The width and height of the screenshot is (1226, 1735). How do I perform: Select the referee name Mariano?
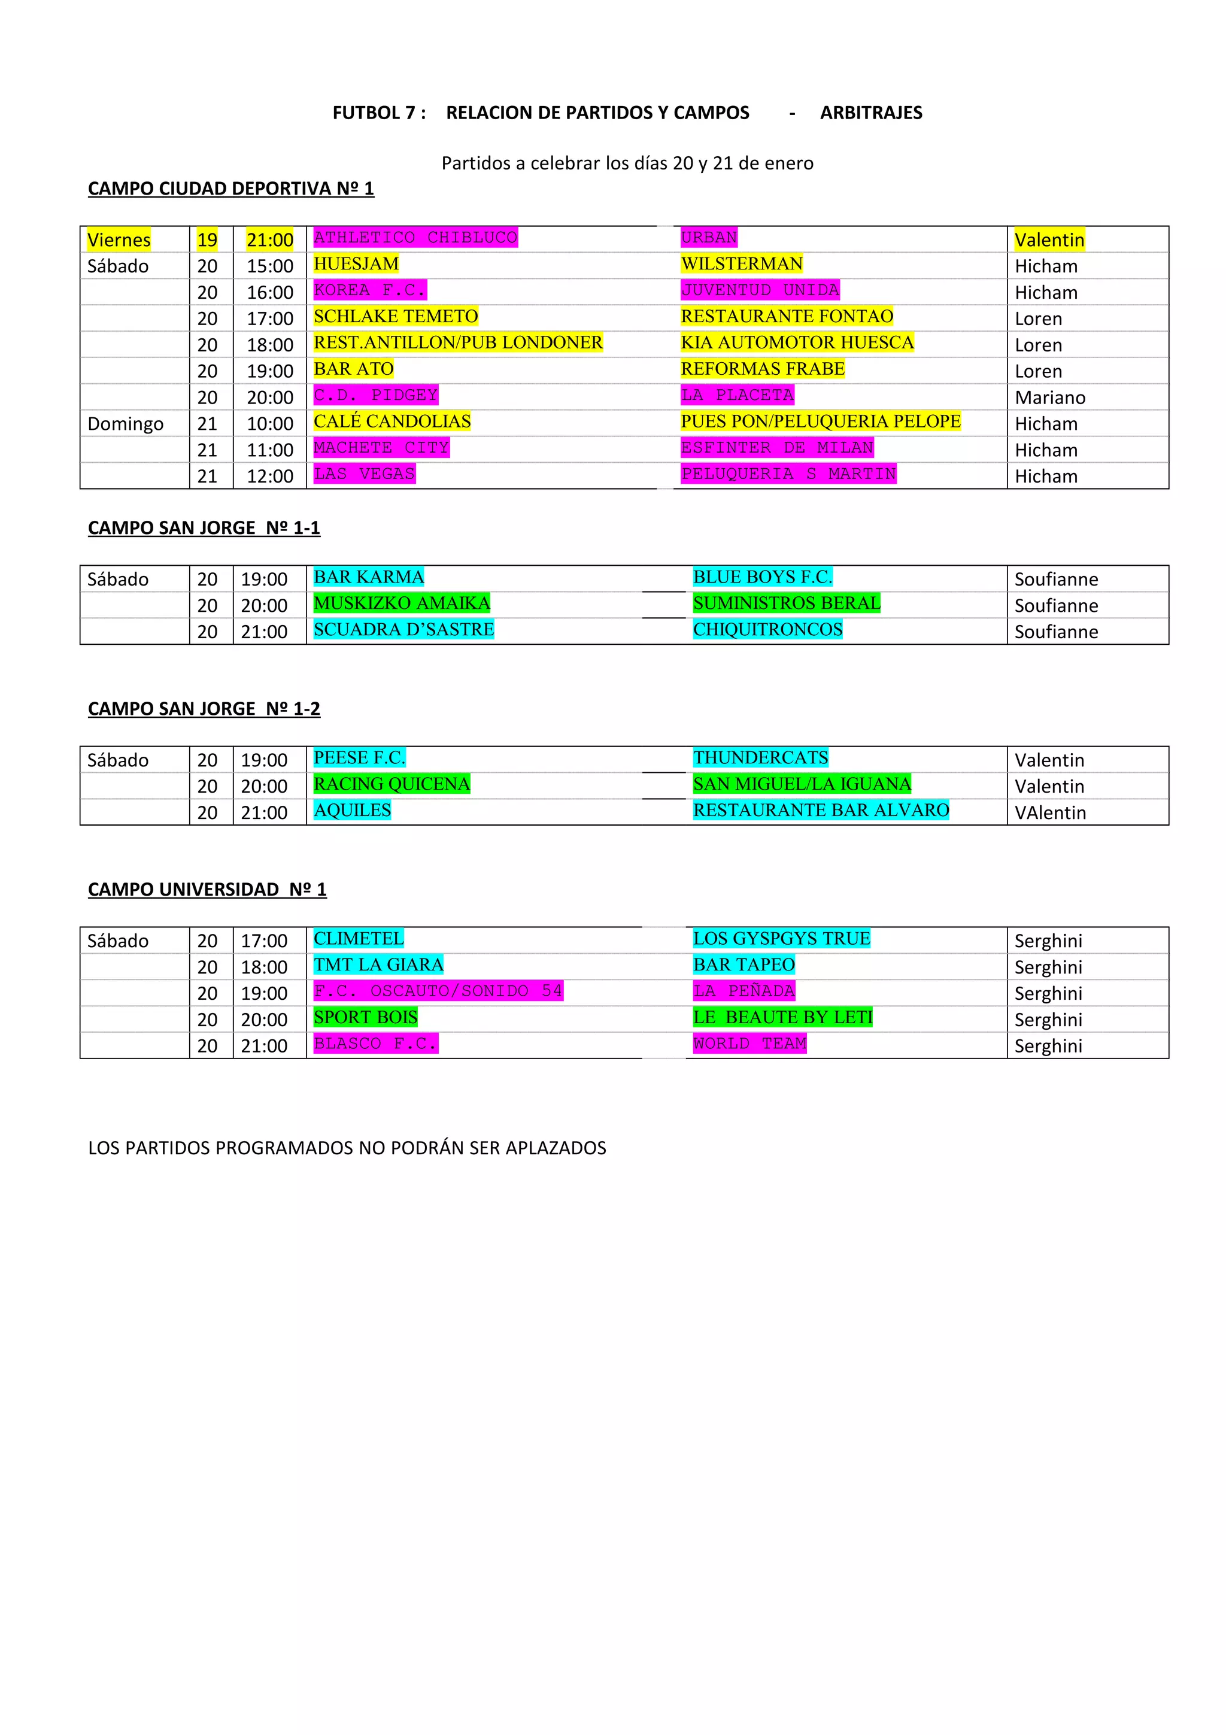(1049, 398)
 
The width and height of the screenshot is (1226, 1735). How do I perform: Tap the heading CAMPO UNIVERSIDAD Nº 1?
(207, 890)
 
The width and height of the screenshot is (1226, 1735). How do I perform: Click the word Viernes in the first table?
(119, 240)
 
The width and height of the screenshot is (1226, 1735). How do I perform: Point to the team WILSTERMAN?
(741, 264)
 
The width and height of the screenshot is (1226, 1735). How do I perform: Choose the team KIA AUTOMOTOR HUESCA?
(797, 342)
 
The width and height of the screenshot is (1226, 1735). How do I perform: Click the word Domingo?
(125, 424)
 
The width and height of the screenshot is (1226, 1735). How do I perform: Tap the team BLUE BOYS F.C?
(762, 577)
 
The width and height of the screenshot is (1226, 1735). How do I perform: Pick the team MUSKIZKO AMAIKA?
(402, 603)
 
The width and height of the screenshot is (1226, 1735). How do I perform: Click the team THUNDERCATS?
(761, 758)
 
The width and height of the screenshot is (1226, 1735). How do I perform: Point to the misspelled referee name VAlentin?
(1050, 813)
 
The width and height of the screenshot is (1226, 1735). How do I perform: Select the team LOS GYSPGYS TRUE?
(781, 939)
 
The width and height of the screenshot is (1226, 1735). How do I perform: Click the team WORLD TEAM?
(749, 1044)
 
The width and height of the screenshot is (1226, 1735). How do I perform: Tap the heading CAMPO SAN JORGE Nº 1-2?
(204, 709)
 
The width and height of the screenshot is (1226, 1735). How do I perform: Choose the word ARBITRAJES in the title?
(871, 113)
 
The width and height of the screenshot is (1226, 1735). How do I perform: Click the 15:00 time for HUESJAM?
(269, 266)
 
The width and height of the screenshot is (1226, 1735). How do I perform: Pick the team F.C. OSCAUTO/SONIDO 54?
(438, 991)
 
